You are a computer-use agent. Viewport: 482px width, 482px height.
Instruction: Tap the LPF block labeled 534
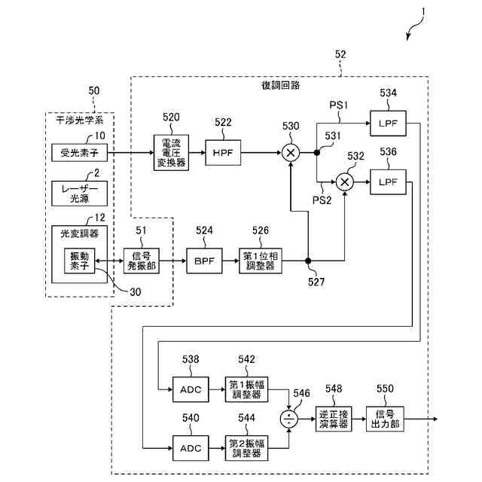tap(388, 120)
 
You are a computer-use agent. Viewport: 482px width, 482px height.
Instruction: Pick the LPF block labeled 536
tap(388, 182)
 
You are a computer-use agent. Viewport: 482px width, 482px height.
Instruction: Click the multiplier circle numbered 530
tap(291, 153)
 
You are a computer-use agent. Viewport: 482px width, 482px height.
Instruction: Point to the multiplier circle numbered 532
tap(345, 182)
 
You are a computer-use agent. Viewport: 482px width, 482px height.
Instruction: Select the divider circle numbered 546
tap(288, 419)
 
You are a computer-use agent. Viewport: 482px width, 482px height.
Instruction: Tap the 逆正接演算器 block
tap(333, 419)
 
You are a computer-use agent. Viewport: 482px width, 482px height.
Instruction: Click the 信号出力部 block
tap(385, 419)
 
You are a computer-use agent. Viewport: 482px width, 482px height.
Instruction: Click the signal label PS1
tap(337, 106)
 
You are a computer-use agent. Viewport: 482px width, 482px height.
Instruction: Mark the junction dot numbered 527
tap(308, 261)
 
